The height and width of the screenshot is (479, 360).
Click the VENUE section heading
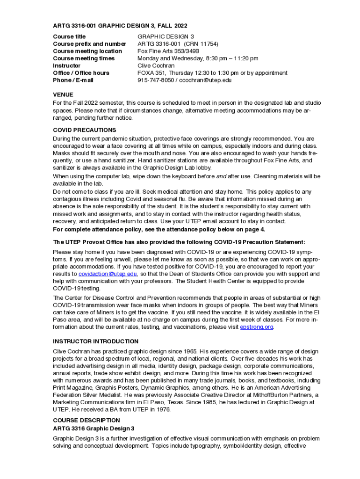click(63, 94)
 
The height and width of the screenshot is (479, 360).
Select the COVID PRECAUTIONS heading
click(85, 130)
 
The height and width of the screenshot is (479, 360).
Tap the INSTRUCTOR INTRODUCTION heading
click(96, 341)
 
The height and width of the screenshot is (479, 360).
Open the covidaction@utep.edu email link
click(108, 274)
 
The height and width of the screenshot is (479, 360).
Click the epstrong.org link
click(256, 327)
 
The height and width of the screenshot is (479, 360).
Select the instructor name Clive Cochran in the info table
click(156, 65)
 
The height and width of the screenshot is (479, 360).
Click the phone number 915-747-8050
click(154, 80)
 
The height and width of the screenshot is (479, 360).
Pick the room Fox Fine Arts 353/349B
click(168, 51)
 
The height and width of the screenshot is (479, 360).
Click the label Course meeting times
click(84, 58)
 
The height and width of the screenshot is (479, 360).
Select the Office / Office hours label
click(81, 73)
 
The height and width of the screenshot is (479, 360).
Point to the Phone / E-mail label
click(73, 80)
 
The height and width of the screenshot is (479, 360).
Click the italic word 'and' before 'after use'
click(221, 176)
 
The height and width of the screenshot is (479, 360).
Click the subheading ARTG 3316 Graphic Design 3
click(94, 428)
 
